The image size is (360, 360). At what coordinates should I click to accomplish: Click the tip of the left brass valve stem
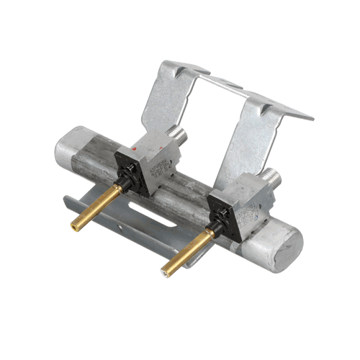pos(74,225)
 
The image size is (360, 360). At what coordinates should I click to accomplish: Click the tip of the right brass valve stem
pos(166,272)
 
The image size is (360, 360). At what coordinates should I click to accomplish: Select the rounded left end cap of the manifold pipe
pos(69,149)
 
